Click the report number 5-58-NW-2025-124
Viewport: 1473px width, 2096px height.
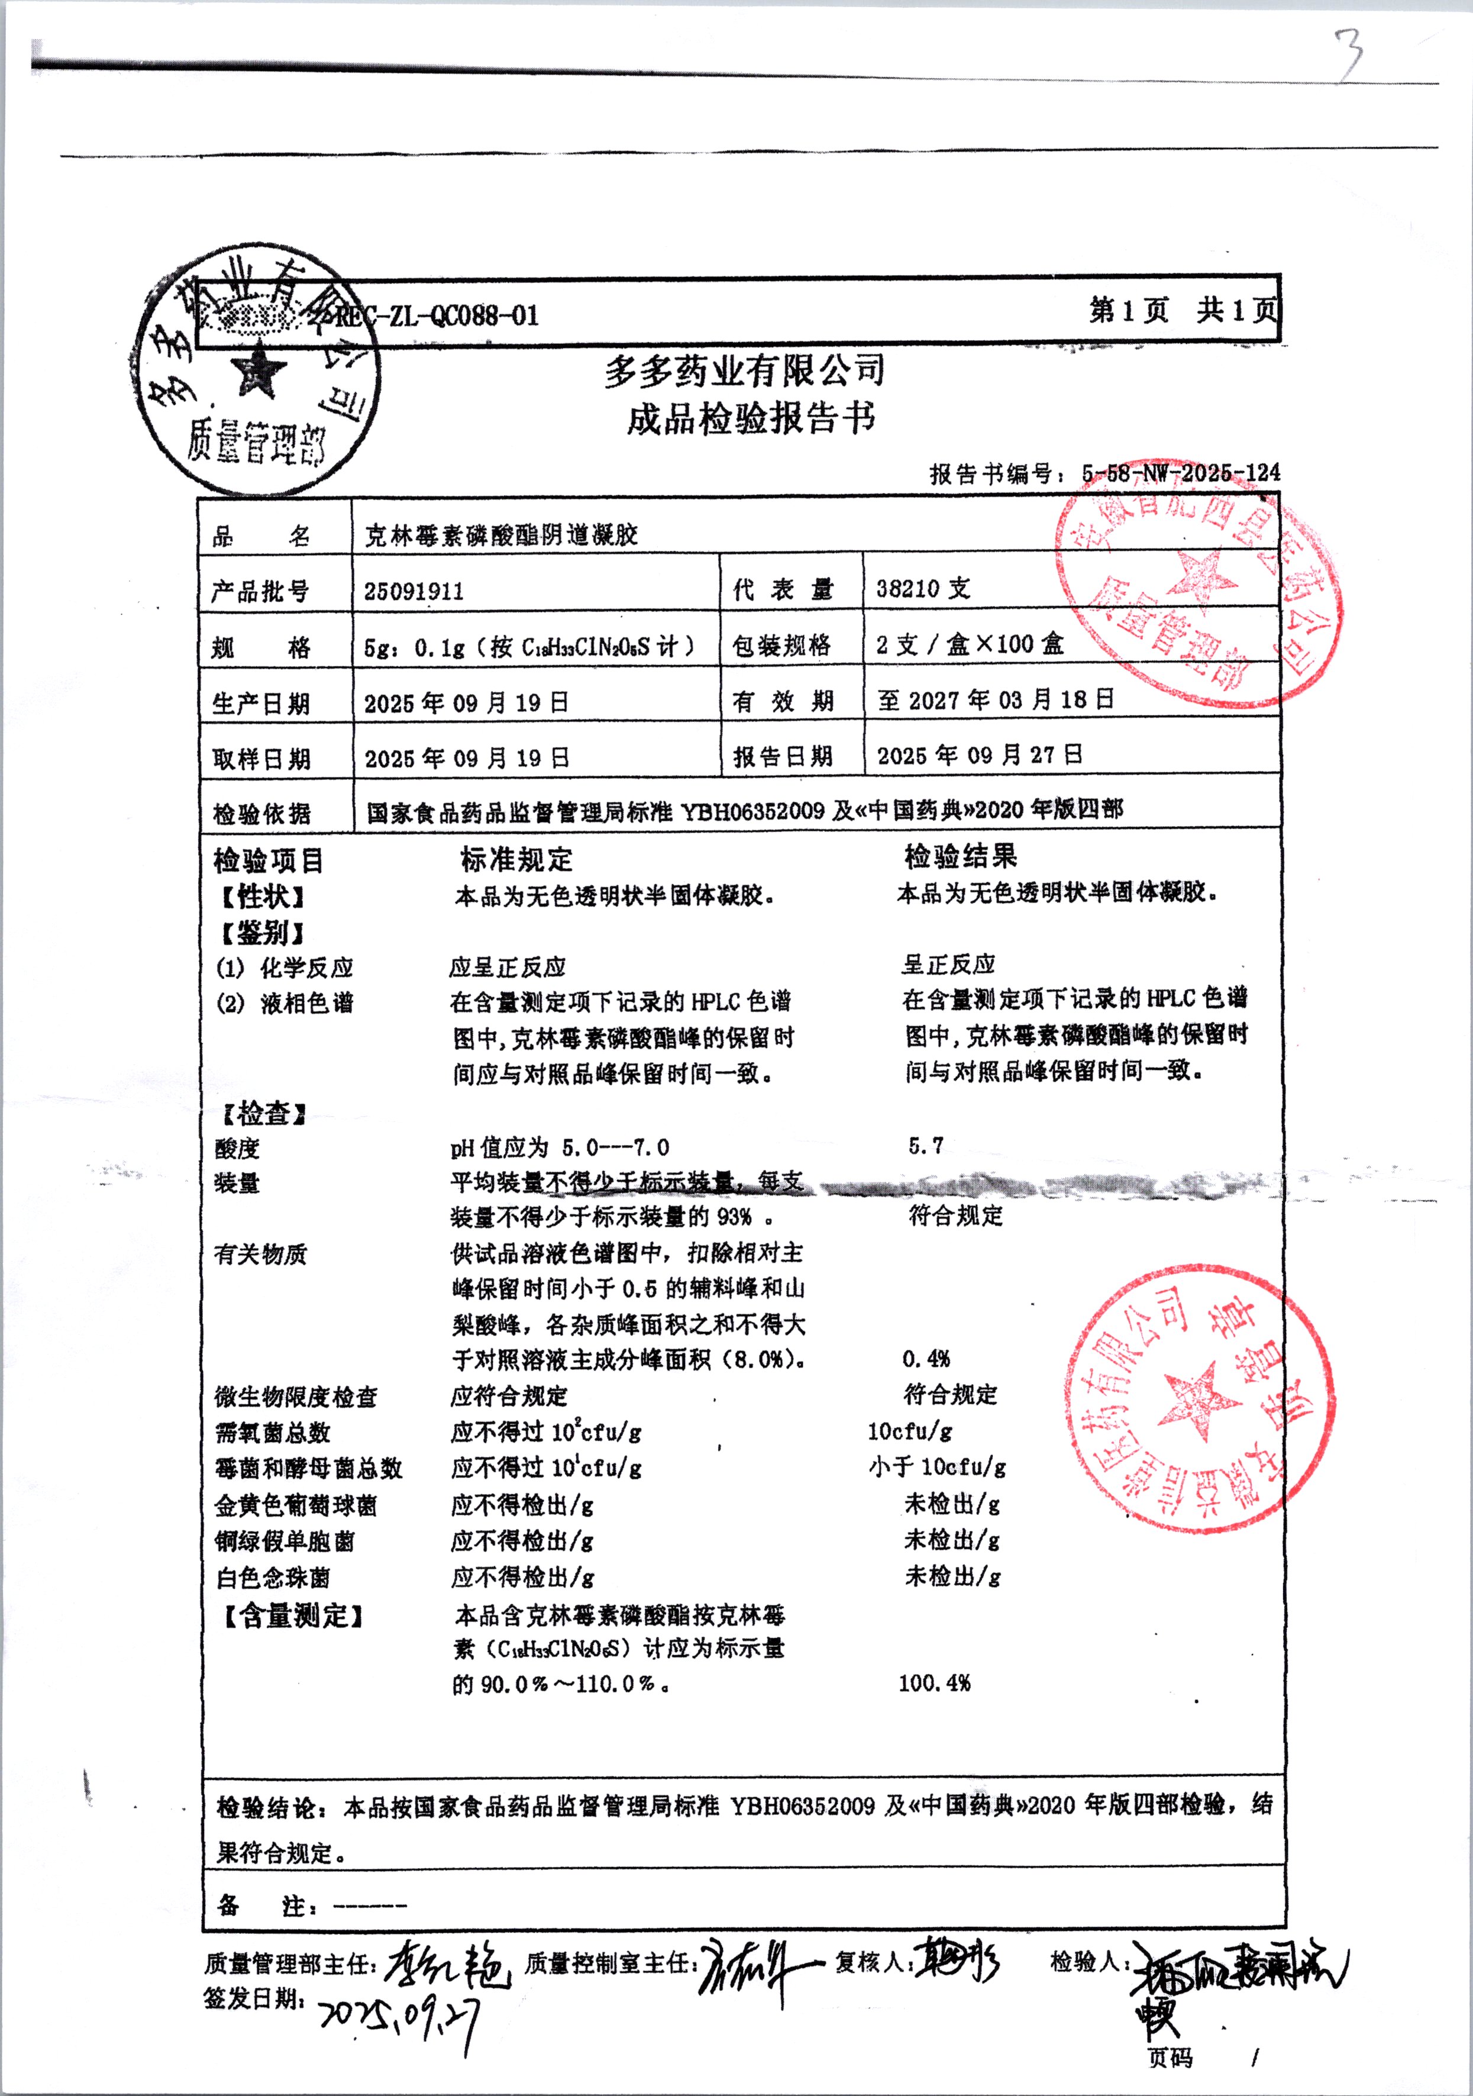1180,473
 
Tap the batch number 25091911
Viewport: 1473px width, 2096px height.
414,591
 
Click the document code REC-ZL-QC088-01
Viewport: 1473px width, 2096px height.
436,316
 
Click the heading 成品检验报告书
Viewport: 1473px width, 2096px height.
750,418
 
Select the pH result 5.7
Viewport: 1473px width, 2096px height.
925,1146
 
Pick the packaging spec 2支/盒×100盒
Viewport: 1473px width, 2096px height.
969,644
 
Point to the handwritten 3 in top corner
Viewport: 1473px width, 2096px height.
1349,53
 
